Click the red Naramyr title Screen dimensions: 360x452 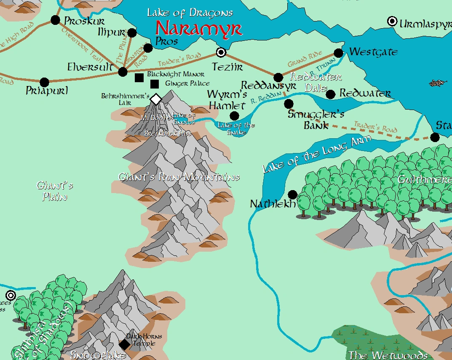[x=199, y=29]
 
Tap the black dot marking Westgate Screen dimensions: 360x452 [x=339, y=53]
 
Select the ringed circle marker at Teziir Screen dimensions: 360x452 [x=221, y=52]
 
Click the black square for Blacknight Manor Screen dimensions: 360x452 [x=139, y=78]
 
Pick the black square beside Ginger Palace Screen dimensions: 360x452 [x=155, y=84]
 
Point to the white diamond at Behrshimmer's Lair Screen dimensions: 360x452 [x=156, y=99]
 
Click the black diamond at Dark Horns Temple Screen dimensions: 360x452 [x=124, y=345]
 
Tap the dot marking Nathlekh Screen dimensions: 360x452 [x=292, y=194]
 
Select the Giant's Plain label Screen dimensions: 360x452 [x=55, y=191]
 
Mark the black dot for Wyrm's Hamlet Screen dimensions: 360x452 [x=235, y=116]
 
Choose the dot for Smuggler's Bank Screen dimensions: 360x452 [x=289, y=103]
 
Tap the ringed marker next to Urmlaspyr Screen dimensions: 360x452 [x=393, y=22]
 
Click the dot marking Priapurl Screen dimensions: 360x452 [x=44, y=82]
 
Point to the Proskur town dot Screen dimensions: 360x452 [x=55, y=20]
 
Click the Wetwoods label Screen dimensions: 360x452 [x=388, y=355]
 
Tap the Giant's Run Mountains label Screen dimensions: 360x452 [x=179, y=177]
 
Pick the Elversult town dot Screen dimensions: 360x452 [x=123, y=72]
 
